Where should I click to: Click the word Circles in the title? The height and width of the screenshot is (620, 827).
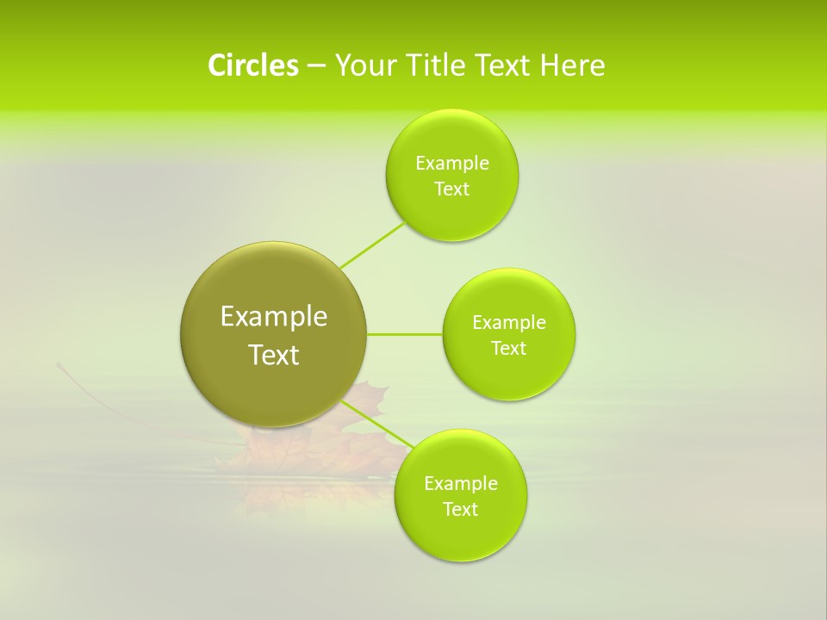[252, 65]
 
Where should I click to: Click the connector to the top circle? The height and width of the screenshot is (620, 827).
[372, 245]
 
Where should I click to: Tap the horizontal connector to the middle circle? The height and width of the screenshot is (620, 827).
[404, 334]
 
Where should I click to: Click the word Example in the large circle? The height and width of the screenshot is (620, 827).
[273, 317]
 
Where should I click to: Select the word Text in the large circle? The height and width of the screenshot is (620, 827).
[273, 355]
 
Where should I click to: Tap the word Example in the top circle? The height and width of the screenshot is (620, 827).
[451, 164]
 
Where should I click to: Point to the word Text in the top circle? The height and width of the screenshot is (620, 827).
[451, 189]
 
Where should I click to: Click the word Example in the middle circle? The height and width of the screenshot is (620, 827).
[508, 323]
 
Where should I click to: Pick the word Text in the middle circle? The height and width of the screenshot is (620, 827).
[508, 349]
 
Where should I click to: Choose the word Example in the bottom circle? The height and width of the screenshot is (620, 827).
[461, 484]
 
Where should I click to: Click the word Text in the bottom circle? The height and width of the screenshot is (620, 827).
[461, 510]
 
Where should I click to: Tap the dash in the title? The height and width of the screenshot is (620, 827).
[315, 65]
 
